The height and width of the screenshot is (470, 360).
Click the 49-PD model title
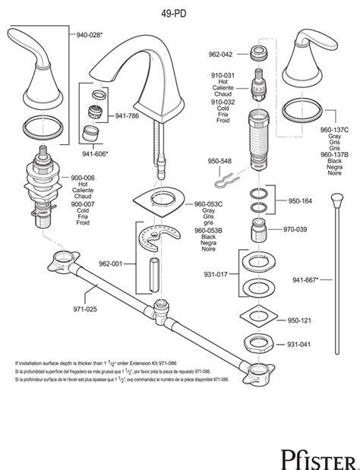(x=179, y=9)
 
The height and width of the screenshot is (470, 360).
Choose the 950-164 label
(x=298, y=202)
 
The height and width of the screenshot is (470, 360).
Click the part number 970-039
(x=295, y=229)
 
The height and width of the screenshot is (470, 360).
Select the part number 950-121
(x=298, y=321)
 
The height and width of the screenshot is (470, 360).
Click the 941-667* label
(x=309, y=279)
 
